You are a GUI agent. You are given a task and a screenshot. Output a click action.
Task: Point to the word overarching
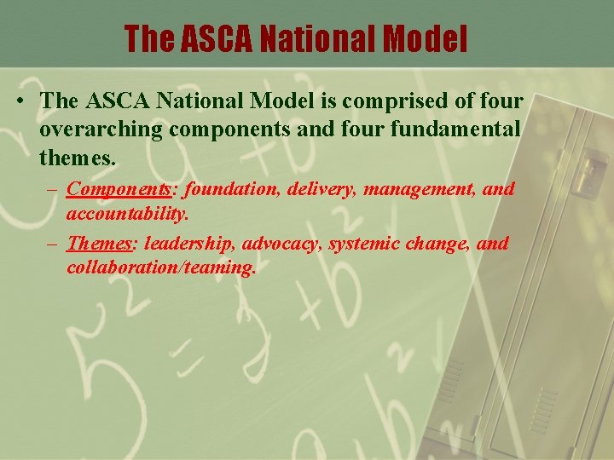pos(101,130)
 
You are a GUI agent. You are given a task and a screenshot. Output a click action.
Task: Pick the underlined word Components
pos(118,188)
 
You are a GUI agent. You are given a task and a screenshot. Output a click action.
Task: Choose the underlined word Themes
pos(100,244)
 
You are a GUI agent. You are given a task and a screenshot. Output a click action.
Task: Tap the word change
pos(438,244)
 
